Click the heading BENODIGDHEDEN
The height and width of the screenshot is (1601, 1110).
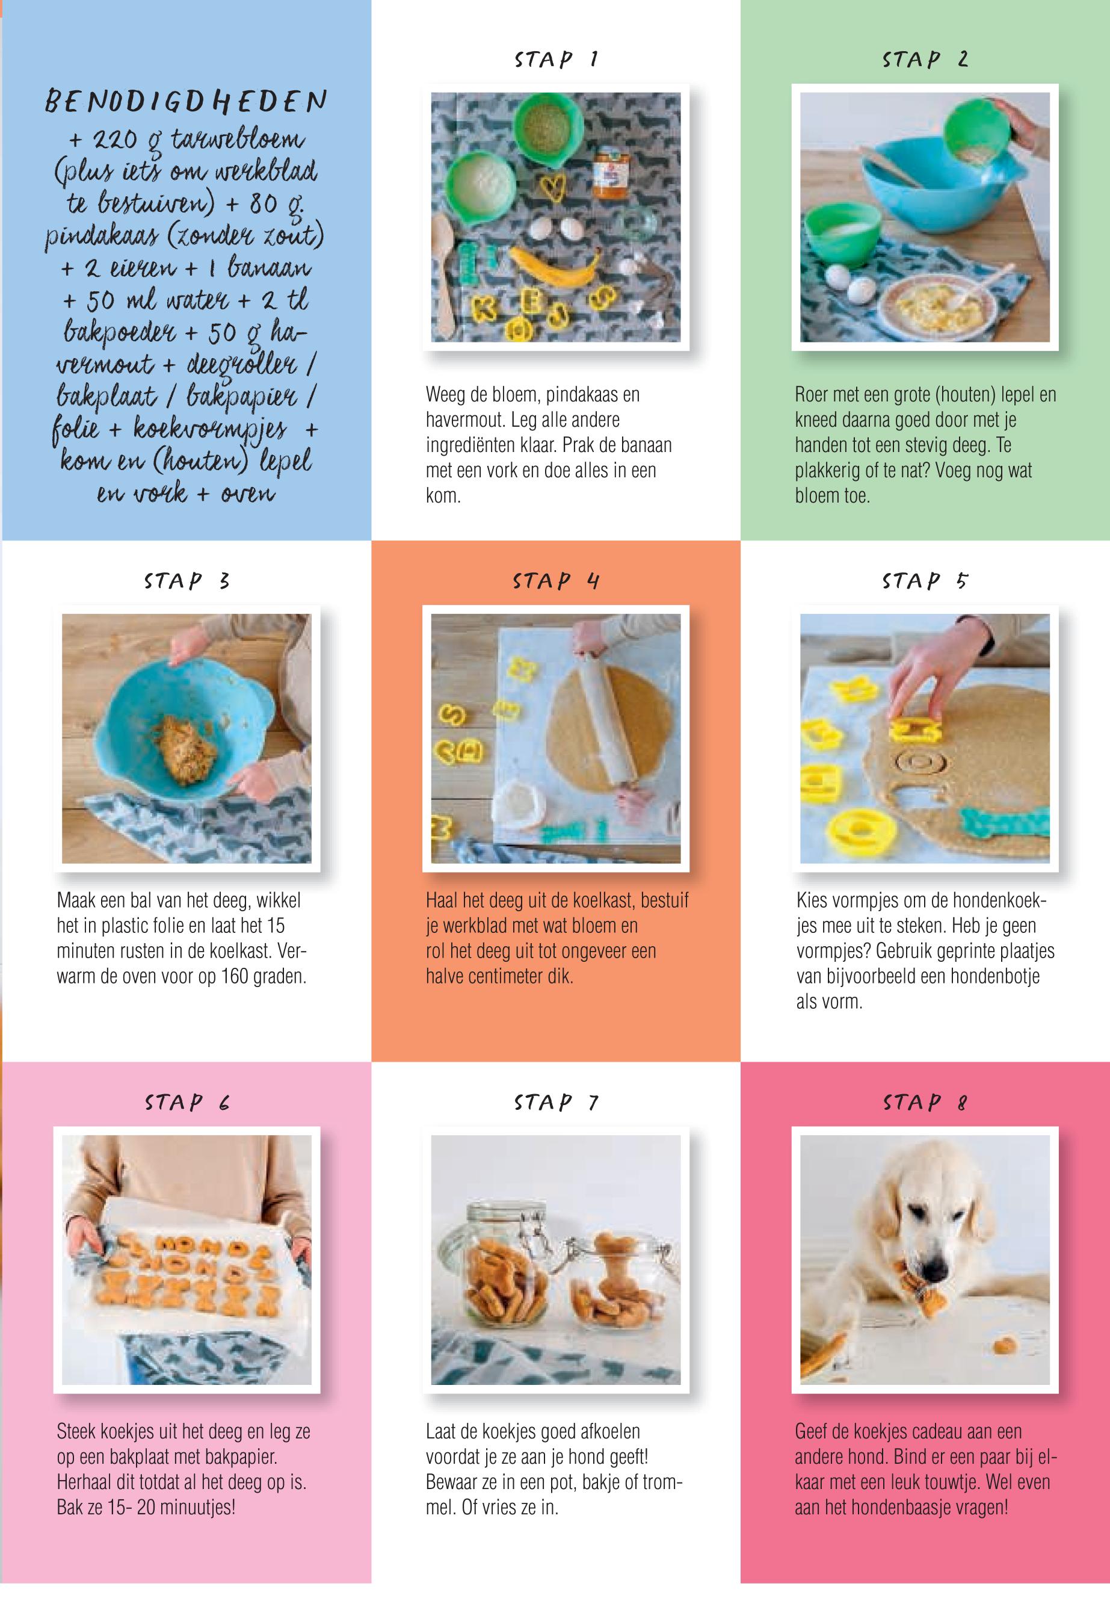coord(185,103)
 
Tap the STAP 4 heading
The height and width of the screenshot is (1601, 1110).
coord(556,581)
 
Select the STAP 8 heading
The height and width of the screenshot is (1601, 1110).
coord(925,1102)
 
